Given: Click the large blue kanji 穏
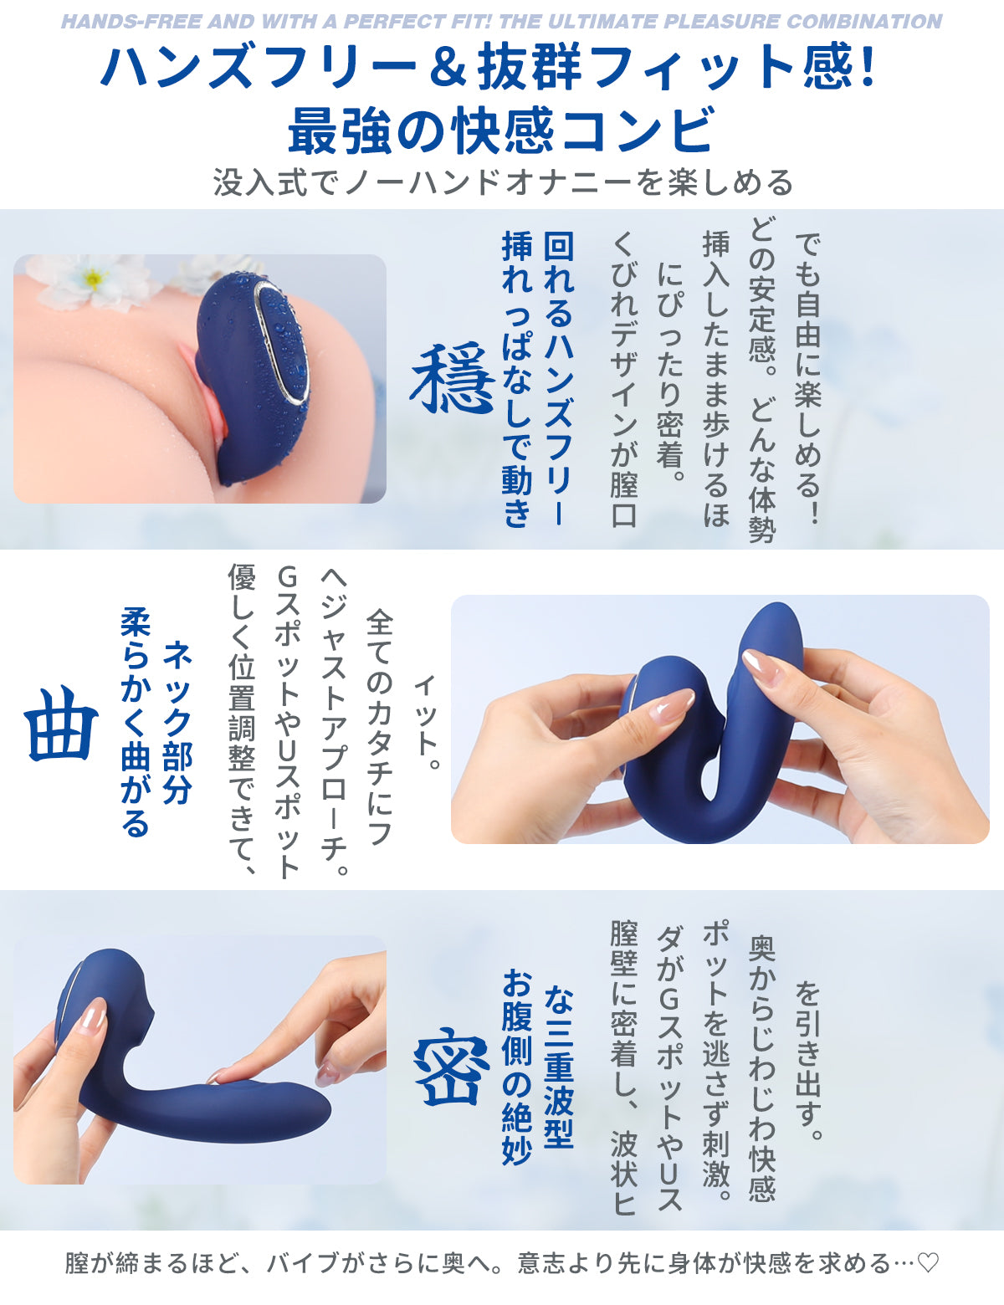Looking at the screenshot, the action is click(x=452, y=378).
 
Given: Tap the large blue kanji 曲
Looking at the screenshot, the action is click(x=61, y=724).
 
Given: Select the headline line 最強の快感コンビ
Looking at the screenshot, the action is click(x=501, y=129).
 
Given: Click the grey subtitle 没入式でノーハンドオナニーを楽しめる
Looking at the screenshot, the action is click(x=503, y=182).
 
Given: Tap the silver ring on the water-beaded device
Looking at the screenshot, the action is click(x=282, y=340).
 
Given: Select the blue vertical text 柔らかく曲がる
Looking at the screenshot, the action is click(x=136, y=723).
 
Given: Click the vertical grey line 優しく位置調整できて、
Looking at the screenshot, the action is click(x=242, y=719).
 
